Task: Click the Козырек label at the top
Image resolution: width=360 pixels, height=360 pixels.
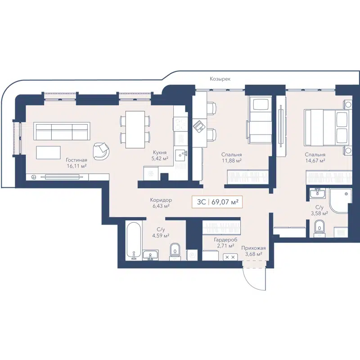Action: [220, 79]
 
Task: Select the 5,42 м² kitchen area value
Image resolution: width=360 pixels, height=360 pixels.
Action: [159, 159]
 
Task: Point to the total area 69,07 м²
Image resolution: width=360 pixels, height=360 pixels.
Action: [224, 202]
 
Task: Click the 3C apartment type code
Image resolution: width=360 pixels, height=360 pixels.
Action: [201, 202]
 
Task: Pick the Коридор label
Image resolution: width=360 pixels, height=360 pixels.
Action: [161, 200]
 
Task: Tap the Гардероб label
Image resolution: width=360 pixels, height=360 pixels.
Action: [225, 240]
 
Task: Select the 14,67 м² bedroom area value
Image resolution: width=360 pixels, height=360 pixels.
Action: [315, 160]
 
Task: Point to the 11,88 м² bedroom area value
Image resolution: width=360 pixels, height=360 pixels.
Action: [232, 160]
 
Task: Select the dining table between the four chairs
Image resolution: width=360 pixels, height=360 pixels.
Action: [135, 129]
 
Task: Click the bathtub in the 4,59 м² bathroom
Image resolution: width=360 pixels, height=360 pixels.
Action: [133, 240]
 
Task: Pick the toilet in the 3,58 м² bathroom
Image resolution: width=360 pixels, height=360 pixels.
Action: [320, 227]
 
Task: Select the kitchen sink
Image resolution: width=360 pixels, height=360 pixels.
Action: [182, 155]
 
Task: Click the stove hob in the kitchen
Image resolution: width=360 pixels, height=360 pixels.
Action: [180, 122]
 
